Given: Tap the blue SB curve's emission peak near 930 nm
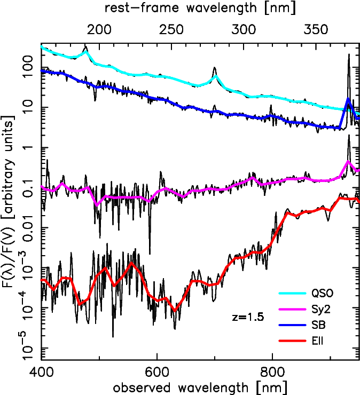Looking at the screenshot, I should (x=348, y=99).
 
